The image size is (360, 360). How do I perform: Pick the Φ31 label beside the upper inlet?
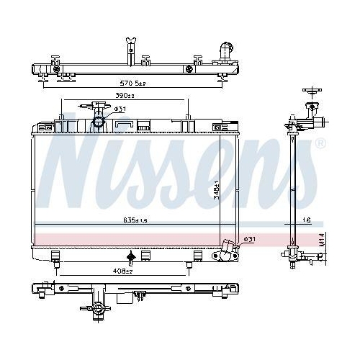[x=120, y=109]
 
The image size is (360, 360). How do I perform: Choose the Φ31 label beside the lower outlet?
[x=249, y=239]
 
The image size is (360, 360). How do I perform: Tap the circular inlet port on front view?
[x=98, y=122]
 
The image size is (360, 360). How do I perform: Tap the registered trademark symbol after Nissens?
[x=320, y=143]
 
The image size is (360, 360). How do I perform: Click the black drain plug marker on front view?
[x=130, y=257]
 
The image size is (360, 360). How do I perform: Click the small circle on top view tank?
[x=188, y=70]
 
